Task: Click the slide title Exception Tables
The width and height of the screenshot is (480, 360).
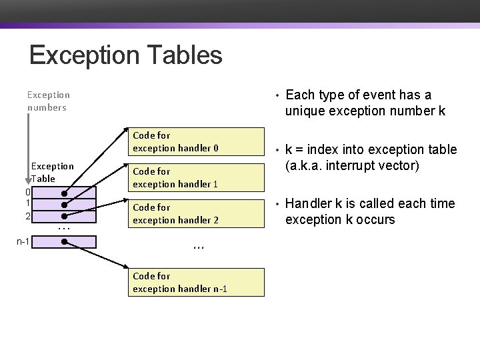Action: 125,55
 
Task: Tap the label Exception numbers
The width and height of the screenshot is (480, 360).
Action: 48,101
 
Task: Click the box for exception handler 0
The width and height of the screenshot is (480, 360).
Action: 197,141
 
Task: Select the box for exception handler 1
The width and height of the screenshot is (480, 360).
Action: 197,177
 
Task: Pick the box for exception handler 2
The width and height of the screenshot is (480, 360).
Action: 197,213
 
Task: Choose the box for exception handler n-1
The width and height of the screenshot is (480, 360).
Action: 197,282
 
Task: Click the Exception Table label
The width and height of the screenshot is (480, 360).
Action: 53,172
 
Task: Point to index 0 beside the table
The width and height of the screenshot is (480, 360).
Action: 27,193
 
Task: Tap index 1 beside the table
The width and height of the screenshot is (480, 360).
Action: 27,204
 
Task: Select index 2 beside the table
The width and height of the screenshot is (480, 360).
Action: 27,216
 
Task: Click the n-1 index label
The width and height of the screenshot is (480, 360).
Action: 23,241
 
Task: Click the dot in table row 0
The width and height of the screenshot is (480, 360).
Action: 63,193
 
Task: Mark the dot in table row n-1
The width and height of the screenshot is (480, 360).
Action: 63,241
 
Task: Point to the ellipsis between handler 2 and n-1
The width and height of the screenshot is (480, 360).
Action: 197,247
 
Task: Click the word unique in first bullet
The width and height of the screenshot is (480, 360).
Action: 305,111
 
